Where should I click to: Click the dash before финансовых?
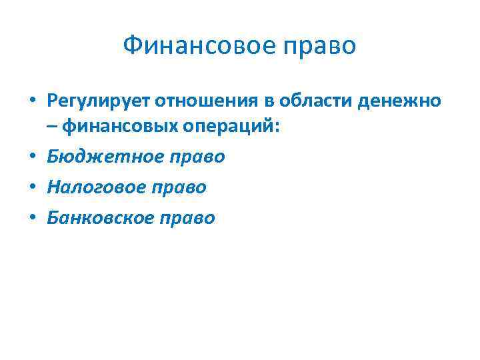coord(53,127)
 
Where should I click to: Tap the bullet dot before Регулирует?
coord(33,101)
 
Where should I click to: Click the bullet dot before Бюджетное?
coord(33,157)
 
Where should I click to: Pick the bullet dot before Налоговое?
coord(33,188)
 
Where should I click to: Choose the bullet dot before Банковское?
coord(33,219)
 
